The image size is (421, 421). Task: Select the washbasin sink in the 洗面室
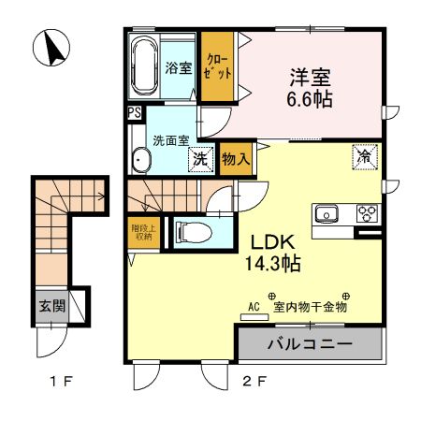pyautogui.click(x=141, y=160)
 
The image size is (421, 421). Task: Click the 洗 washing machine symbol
pyautogui.click(x=200, y=160)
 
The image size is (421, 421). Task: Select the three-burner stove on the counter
pyautogui.click(x=364, y=211)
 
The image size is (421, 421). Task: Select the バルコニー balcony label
pyautogui.click(x=310, y=345)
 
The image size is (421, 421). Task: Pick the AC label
pyautogui.click(x=253, y=305)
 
